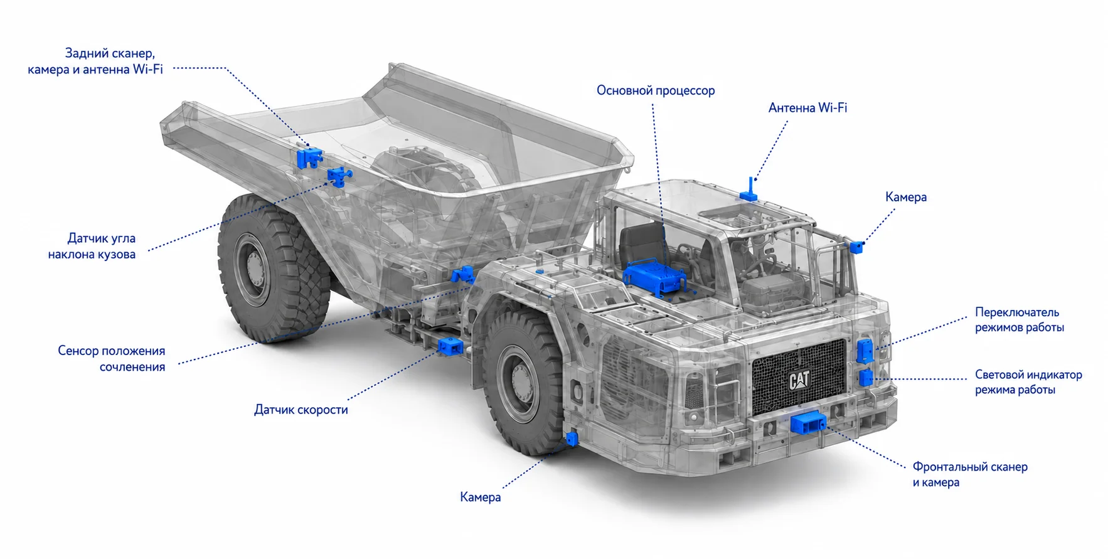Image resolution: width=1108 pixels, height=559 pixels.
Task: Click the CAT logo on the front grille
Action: click(x=799, y=380)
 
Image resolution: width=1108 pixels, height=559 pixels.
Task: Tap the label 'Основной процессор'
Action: click(x=656, y=90)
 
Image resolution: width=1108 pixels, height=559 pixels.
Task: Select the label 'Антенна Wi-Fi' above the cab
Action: click(x=807, y=108)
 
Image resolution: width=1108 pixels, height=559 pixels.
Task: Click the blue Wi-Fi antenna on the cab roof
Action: click(x=749, y=189)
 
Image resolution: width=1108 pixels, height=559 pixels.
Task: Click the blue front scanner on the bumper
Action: click(x=807, y=423)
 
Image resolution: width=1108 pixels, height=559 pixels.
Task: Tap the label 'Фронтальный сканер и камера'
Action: click(x=969, y=474)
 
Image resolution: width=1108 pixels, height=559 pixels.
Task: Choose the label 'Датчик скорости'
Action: click(x=301, y=410)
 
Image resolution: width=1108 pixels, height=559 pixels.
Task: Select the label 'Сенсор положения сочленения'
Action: click(x=112, y=359)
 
